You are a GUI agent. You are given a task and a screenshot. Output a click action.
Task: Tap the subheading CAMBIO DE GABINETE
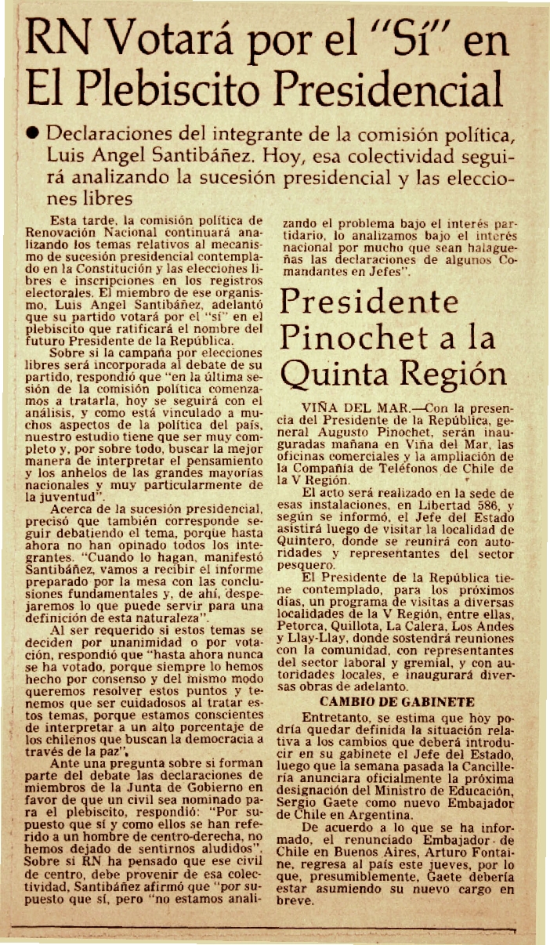point(397,701)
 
